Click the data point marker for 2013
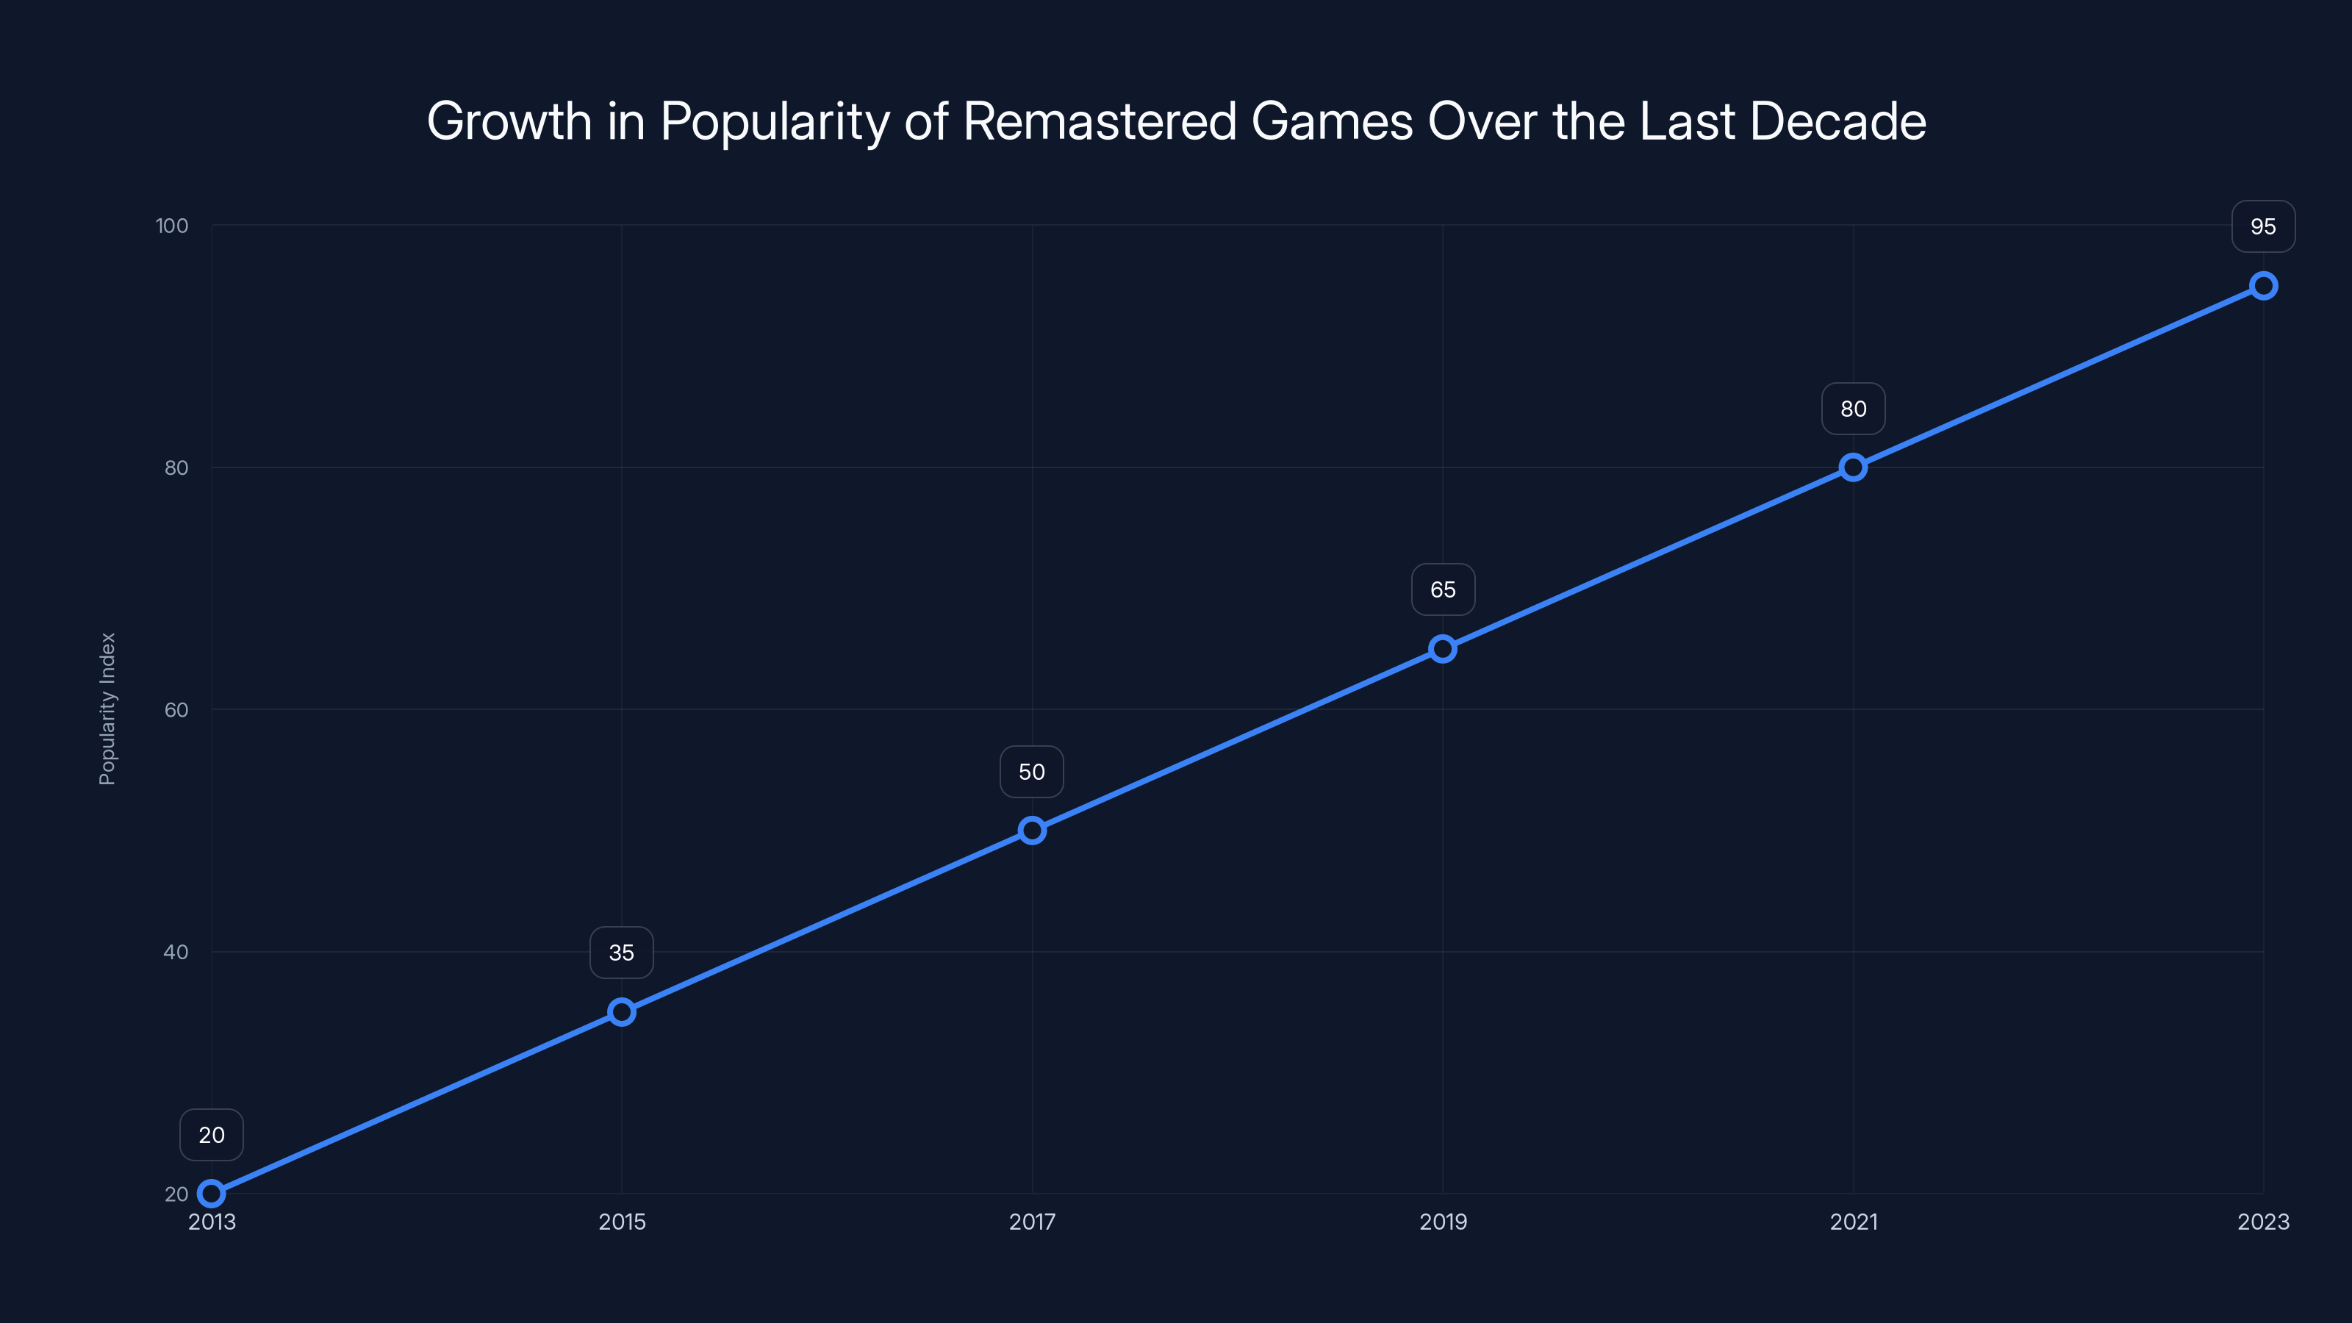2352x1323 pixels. [x=211, y=1194]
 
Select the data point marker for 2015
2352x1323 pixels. [x=622, y=1011]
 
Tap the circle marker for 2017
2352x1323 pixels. [x=1032, y=830]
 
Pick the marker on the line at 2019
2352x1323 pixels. [x=1443, y=649]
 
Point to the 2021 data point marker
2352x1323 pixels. [x=1852, y=467]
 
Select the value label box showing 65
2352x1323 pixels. [x=1443, y=589]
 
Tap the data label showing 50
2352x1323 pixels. [x=1032, y=772]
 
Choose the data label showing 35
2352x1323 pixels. [x=622, y=953]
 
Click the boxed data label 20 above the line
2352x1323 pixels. [x=211, y=1135]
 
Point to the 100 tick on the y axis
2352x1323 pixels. [x=172, y=226]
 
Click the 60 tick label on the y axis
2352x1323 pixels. [x=176, y=709]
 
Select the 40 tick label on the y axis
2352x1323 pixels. [x=176, y=951]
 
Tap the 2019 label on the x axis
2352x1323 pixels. [x=1443, y=1222]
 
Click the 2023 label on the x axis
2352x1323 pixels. [x=2262, y=1222]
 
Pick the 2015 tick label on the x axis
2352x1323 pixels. [x=622, y=1222]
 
